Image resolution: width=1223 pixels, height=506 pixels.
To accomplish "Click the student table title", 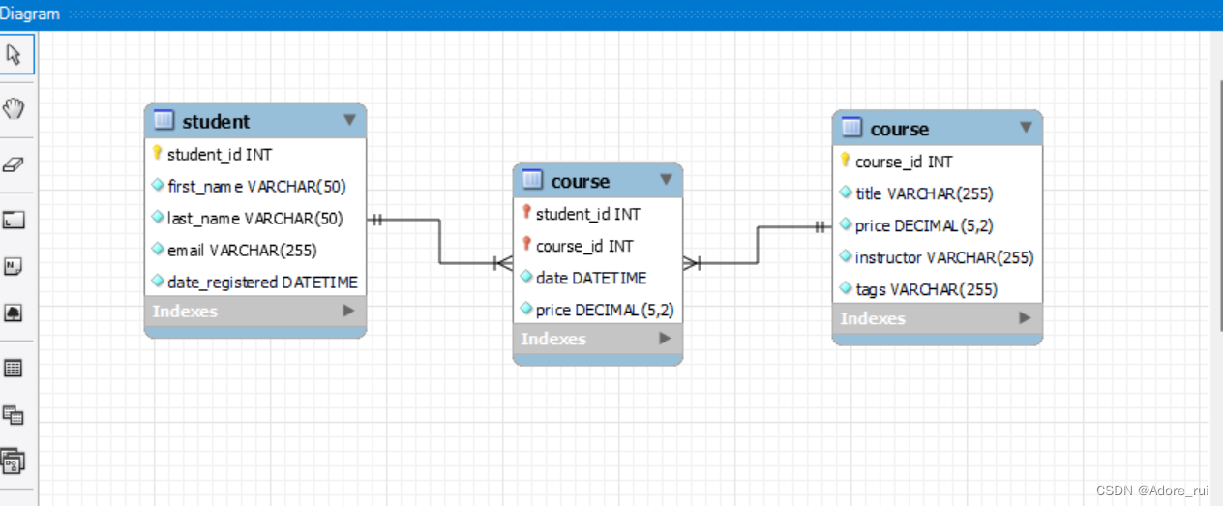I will (216, 121).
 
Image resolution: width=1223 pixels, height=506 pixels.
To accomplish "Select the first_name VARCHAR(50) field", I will (256, 186).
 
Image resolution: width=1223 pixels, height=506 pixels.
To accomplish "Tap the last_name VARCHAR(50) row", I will (254, 218).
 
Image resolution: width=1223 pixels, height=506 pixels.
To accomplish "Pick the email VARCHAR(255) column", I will (242, 250).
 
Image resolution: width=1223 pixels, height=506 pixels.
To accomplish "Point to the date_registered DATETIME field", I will (262, 282).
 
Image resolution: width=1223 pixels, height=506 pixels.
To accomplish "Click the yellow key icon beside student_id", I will (158, 153).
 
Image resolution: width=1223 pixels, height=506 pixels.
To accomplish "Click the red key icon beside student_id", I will (526, 213).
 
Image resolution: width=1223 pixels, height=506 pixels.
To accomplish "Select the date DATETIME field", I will (590, 278).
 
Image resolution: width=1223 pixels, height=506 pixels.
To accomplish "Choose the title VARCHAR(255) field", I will (924, 193).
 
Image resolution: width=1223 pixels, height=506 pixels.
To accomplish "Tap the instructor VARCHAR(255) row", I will (944, 257).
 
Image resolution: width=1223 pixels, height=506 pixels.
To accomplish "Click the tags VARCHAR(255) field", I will (926, 289).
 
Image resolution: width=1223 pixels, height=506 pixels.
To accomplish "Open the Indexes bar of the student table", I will (254, 311).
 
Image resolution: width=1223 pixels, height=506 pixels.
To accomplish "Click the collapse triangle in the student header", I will (349, 120).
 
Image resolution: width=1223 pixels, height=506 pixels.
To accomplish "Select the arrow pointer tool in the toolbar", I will (15, 54).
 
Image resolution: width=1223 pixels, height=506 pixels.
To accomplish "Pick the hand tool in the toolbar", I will (15, 108).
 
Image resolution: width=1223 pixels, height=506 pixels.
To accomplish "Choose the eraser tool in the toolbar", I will (15, 164).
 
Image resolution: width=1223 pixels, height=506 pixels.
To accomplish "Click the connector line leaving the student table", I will (406, 220).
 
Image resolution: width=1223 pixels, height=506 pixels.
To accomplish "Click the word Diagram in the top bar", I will (30, 14).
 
